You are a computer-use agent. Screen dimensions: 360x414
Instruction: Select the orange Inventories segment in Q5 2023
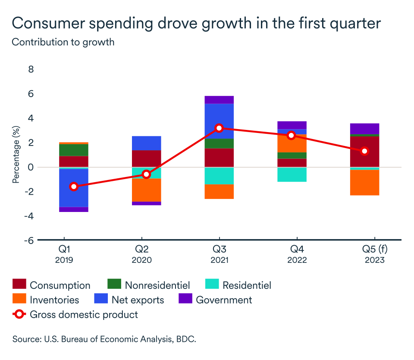(364, 183)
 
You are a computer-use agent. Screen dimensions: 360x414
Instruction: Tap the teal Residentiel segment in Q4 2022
(292, 174)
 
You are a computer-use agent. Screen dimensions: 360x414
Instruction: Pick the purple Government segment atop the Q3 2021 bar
(219, 100)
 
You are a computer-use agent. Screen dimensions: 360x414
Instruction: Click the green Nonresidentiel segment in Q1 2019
(74, 150)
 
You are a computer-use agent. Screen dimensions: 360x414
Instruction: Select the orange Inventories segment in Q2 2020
(146, 190)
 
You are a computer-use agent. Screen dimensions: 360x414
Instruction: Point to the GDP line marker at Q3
(219, 128)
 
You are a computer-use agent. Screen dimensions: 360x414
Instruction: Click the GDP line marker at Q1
(74, 186)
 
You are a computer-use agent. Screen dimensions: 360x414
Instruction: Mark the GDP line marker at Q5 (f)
(364, 151)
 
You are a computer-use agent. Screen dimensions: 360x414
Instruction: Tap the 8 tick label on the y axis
(31, 69)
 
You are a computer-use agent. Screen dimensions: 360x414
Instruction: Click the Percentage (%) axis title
(16, 155)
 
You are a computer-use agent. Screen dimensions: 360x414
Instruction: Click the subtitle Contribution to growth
(63, 42)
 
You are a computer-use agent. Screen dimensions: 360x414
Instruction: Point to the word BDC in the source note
(185, 339)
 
